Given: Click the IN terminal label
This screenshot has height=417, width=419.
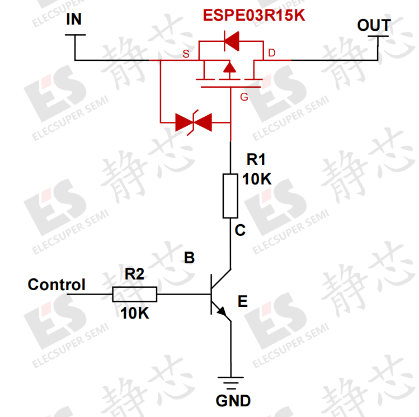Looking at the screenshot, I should pyautogui.click(x=73, y=20).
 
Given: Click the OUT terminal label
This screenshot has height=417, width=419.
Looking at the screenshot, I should pyautogui.click(x=374, y=25).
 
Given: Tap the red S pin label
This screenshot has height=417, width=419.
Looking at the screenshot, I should pyautogui.click(x=186, y=54).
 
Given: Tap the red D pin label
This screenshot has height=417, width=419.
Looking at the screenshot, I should pyautogui.click(x=271, y=54).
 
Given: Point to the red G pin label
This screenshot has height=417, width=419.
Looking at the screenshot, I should pyautogui.click(x=244, y=97).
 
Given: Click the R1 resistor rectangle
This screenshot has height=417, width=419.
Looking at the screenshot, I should pyautogui.click(x=230, y=196).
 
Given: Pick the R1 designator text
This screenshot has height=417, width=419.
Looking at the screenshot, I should pyautogui.click(x=256, y=160).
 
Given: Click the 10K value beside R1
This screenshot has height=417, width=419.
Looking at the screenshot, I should pyautogui.click(x=257, y=179).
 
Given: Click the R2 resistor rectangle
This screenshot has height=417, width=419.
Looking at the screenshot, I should pyautogui.click(x=135, y=294).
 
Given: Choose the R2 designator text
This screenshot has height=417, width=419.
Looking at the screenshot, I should pyautogui.click(x=134, y=274).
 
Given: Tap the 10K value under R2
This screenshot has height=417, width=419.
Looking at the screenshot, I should pyautogui.click(x=135, y=314).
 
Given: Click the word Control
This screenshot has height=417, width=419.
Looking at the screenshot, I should pyautogui.click(x=57, y=285).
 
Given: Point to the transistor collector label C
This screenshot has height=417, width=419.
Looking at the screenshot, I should pyautogui.click(x=240, y=230).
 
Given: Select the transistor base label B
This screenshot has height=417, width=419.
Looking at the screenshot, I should pyautogui.click(x=190, y=258).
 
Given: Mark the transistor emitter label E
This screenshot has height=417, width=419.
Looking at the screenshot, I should pyautogui.click(x=242, y=302).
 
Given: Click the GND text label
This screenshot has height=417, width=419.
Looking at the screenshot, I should pyautogui.click(x=233, y=401).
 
